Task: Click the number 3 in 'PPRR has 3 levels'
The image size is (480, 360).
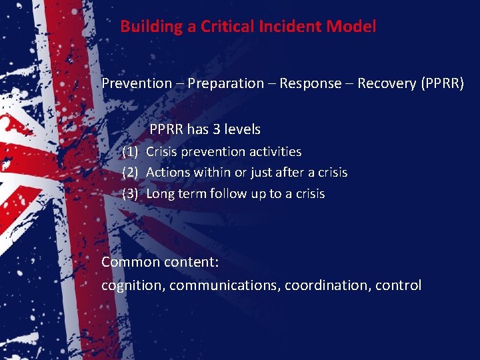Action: point(218,129)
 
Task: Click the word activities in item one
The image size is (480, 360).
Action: point(274,152)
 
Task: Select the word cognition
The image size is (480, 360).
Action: point(133,285)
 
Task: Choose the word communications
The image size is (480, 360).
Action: point(225,285)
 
